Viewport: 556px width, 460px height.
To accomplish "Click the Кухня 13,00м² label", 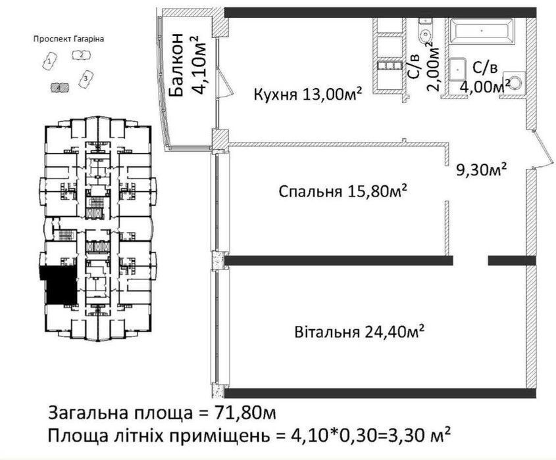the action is (x=308, y=95).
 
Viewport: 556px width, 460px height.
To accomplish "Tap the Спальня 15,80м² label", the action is (x=342, y=192).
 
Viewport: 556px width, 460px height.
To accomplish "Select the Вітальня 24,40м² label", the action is (x=359, y=332).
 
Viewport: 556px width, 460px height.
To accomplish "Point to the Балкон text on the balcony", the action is (x=176, y=65).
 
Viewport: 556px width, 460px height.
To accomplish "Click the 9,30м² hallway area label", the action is (x=481, y=171).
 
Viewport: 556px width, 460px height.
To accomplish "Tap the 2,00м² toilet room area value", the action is (x=434, y=67).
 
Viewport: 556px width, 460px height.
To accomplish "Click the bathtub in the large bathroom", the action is (x=482, y=31).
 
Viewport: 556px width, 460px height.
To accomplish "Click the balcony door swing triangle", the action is (x=224, y=83).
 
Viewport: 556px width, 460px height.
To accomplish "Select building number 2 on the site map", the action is (x=82, y=55).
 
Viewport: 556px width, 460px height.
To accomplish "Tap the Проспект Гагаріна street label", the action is (x=69, y=39).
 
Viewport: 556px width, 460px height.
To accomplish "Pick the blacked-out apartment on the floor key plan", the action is (x=59, y=285).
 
